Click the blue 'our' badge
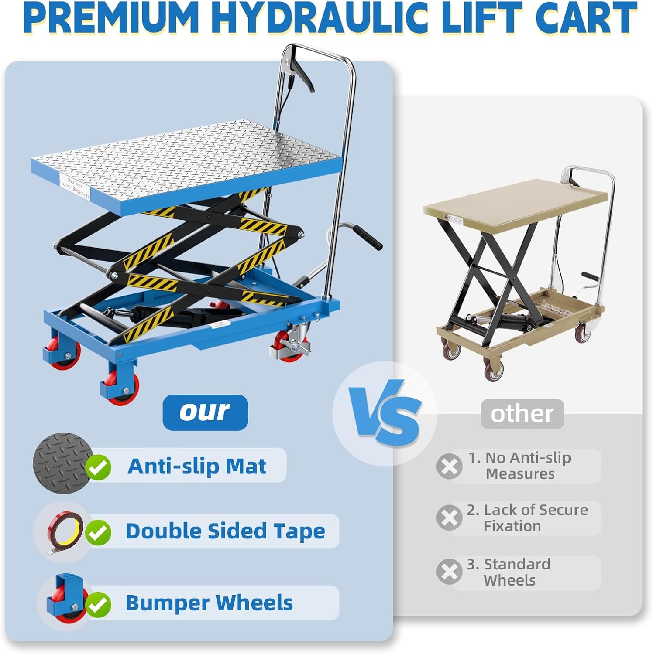tap(205, 412)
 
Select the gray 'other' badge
tap(522, 414)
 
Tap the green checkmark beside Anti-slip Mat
tap(98, 467)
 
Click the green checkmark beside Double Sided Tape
tap(98, 532)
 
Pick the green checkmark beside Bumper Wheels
tap(98, 604)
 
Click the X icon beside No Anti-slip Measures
tap(449, 466)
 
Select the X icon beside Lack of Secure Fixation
tap(449, 518)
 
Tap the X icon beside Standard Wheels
tap(449, 572)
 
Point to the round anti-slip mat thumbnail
tap(61, 463)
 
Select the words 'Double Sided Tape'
tap(225, 531)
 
